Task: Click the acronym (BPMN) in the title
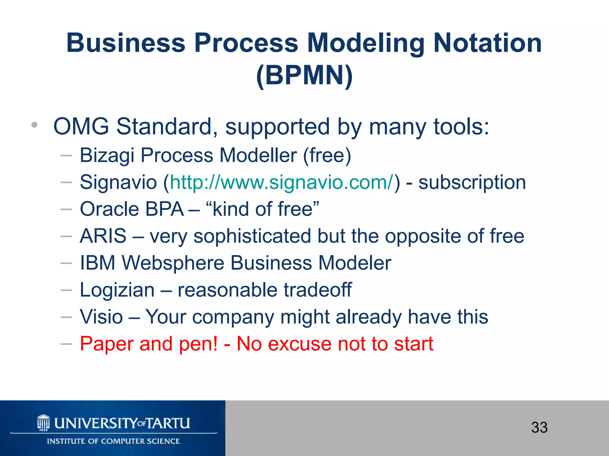tap(304, 75)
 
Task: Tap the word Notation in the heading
tap(487, 43)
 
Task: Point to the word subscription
tap(472, 182)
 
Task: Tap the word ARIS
tap(103, 236)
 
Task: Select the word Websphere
tap(173, 263)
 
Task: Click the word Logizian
tap(117, 290)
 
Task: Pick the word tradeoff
tap(317, 290)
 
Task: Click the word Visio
tap(101, 317)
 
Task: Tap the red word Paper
tap(106, 344)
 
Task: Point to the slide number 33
tap(539, 427)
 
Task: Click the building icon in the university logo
tap(43, 422)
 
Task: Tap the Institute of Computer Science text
tap(113, 441)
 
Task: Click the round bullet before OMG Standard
tap(34, 125)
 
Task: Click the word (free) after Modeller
tap(327, 155)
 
